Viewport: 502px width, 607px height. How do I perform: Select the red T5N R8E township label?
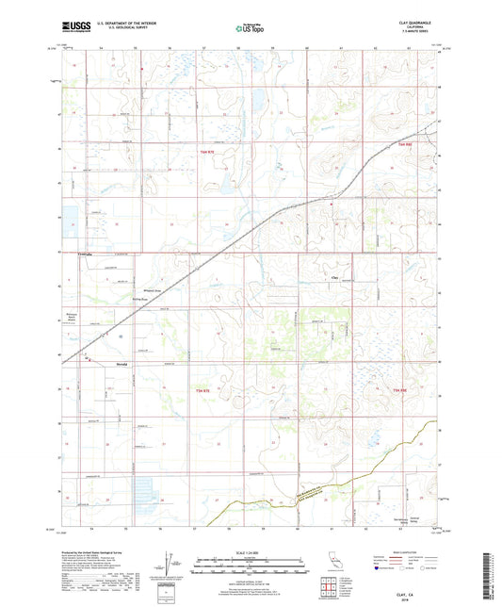[x=398, y=389]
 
